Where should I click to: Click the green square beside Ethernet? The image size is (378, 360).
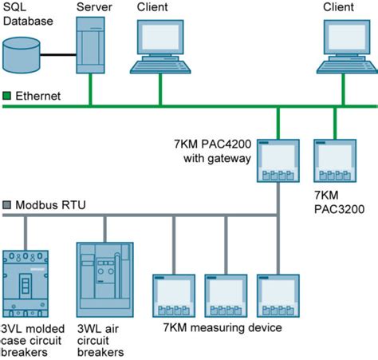point(8,97)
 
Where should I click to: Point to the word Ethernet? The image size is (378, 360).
point(39,97)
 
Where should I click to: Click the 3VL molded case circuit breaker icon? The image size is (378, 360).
point(26,283)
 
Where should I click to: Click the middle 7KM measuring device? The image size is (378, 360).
point(226,297)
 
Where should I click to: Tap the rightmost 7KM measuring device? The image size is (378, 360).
point(278,297)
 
